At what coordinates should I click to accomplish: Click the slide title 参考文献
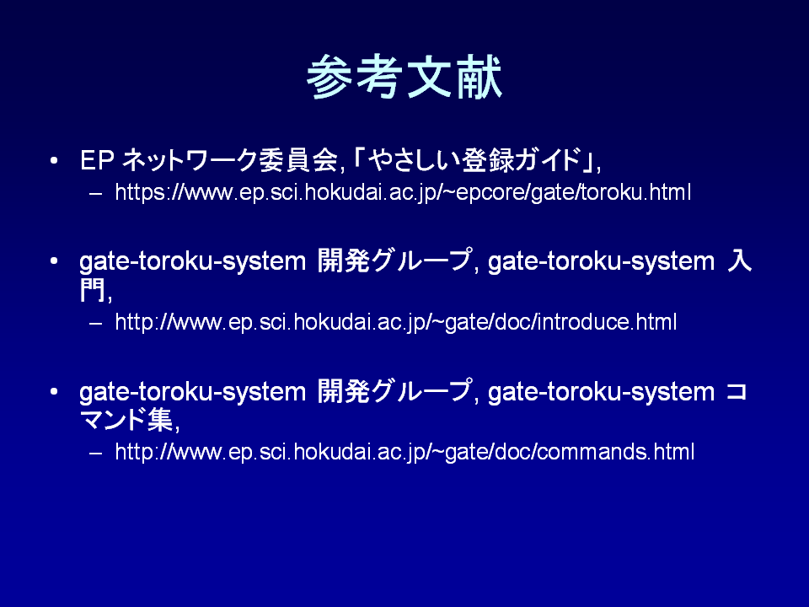[x=404, y=77]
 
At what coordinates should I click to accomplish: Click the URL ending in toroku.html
[x=403, y=192]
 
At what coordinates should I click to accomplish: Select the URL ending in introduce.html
[x=395, y=323]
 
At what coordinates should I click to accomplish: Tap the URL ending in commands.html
[x=404, y=452]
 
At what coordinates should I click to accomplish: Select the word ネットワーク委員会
[x=229, y=160]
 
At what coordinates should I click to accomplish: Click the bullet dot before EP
[x=54, y=161]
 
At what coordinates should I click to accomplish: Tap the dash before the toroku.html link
[x=95, y=194]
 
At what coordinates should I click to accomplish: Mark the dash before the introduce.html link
[x=95, y=324]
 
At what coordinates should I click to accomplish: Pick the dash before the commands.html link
[x=95, y=454]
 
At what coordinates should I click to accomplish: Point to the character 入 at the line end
[x=739, y=261]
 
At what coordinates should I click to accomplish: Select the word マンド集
[x=126, y=419]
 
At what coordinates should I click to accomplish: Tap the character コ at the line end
[x=737, y=391]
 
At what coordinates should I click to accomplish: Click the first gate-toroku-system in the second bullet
[x=192, y=261]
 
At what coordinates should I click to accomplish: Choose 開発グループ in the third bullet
[x=394, y=390]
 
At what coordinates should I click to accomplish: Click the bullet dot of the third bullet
[x=54, y=392]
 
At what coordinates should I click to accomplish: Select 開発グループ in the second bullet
[x=394, y=261]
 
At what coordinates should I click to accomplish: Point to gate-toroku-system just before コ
[x=601, y=392]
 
